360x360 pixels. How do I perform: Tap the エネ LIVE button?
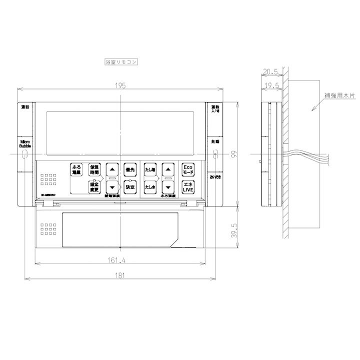(187, 187)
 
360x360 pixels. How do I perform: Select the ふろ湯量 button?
(76, 169)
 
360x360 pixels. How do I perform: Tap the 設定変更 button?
(94, 187)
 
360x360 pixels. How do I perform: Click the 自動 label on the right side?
(214, 142)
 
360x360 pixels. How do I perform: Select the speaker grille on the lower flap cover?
(48, 228)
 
